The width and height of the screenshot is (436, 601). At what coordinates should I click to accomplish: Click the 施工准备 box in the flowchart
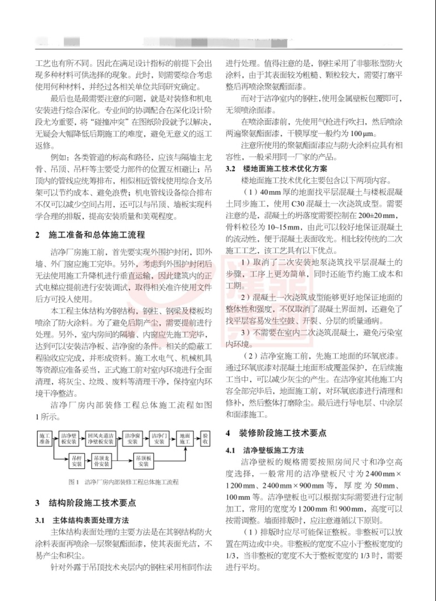(45, 439)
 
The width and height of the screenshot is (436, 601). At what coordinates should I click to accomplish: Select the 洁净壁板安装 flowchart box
(69, 439)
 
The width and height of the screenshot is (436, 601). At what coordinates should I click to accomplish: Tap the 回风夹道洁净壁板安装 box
(100, 439)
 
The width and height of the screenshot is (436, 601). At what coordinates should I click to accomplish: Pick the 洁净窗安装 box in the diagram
(133, 439)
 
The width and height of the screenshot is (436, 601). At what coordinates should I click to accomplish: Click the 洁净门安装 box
(159, 439)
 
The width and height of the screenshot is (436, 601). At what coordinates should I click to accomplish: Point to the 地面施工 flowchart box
(185, 439)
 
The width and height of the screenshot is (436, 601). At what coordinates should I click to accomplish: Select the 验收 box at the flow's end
(205, 439)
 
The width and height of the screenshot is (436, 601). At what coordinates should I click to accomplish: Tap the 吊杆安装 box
(77, 461)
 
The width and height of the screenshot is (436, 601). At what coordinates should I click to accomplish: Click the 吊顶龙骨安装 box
(102, 461)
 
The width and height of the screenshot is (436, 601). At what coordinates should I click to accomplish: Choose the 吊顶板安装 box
(143, 461)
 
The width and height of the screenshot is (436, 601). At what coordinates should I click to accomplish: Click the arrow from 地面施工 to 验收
(196, 439)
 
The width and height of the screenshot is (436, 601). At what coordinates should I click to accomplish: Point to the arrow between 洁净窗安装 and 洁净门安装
(146, 439)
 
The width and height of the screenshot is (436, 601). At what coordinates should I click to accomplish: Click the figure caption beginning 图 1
(124, 482)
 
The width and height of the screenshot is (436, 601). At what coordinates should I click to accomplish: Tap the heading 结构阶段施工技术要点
(92, 503)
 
